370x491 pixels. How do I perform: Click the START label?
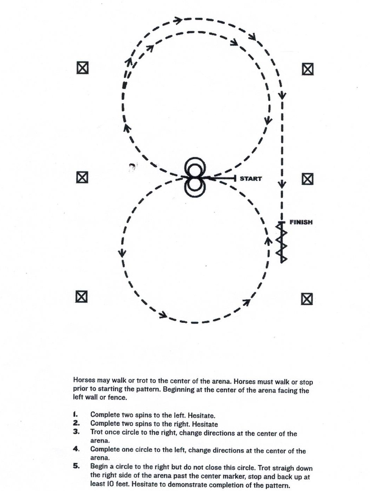250,179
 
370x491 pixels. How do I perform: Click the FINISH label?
301,222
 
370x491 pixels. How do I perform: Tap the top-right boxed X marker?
307,69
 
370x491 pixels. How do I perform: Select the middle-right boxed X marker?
307,179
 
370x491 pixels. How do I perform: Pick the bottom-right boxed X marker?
307,299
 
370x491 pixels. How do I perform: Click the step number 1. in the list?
75,414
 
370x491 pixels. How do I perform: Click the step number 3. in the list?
76,431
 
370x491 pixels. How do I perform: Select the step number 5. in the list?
76,466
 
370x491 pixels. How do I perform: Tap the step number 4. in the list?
76,449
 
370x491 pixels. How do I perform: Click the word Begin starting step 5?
99,467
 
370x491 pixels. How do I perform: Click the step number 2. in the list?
76,423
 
